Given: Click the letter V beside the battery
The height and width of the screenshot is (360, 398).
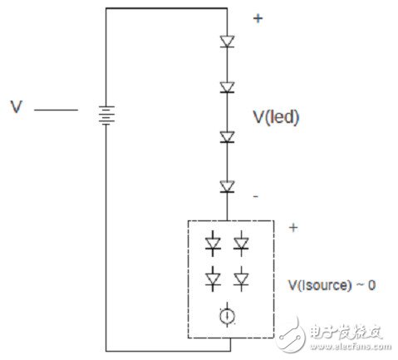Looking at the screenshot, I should pyautogui.click(x=16, y=107).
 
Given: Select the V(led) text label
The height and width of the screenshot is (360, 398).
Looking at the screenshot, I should pyautogui.click(x=275, y=118).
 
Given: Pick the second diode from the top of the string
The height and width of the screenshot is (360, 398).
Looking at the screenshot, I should pyautogui.click(x=226, y=86).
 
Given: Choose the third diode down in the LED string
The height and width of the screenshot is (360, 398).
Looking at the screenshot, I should pyautogui.click(x=226, y=137).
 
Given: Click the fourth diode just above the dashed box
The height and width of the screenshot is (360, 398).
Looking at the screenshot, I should pyautogui.click(x=226, y=186).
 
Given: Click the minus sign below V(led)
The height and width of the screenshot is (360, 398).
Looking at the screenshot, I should pyautogui.click(x=255, y=195).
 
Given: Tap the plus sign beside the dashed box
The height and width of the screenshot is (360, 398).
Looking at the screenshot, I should pyautogui.click(x=292, y=226).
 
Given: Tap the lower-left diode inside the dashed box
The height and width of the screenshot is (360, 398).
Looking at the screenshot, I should pyautogui.click(x=212, y=277).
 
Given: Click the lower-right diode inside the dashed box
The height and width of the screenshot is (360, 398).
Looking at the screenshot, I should pyautogui.click(x=241, y=277).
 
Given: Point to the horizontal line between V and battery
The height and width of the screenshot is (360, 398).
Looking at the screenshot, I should pyautogui.click(x=57, y=109).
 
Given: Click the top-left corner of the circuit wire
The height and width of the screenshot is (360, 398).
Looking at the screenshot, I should pyautogui.click(x=106, y=8).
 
